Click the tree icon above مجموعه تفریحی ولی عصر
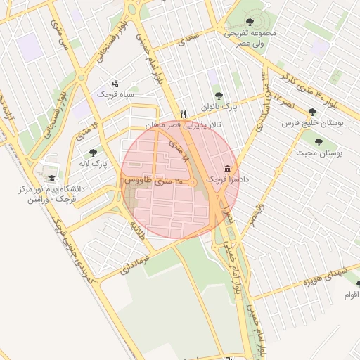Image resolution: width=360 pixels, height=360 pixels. pos(251,22)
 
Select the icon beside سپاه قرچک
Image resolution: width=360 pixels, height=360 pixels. pos(115,83)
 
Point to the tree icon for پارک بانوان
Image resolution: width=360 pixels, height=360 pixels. pos(219,95)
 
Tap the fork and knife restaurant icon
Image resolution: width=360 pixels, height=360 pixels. pos(183,113)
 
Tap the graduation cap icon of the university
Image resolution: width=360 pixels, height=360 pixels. pos(51,178)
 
